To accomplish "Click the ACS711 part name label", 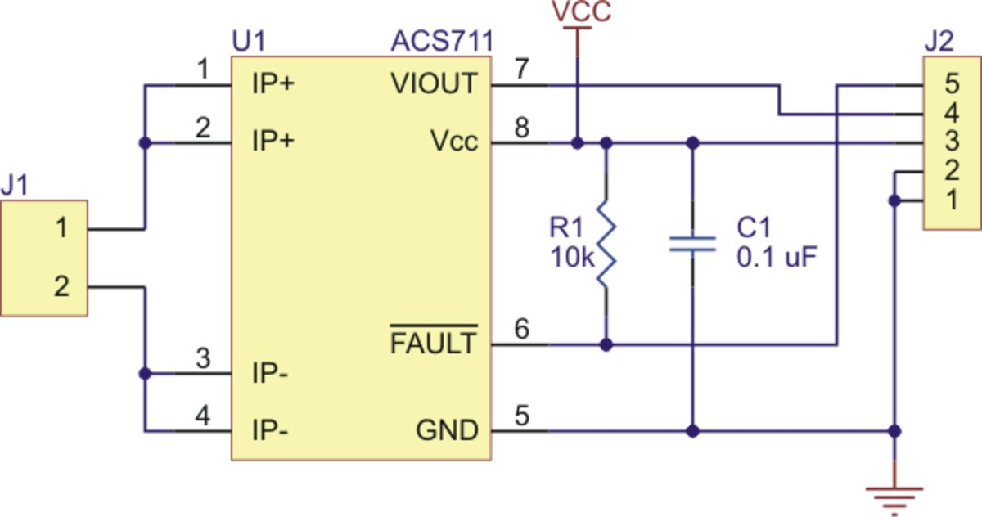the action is click(x=443, y=41).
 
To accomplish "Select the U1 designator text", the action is click(x=249, y=41).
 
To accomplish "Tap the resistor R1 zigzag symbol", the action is click(x=606, y=245).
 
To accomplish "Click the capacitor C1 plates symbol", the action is click(x=692, y=244).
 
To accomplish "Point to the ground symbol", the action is click(x=894, y=501).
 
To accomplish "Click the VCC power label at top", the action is click(x=582, y=11).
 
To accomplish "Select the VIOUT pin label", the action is click(x=434, y=83).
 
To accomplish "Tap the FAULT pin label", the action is click(x=433, y=342).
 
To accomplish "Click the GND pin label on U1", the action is click(x=447, y=430).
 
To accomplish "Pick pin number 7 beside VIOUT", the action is click(x=521, y=69).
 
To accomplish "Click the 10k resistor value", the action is click(x=572, y=257).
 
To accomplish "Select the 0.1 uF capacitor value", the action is click(x=777, y=257).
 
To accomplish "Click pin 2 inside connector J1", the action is click(x=62, y=287).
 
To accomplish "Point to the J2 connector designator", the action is click(x=939, y=41).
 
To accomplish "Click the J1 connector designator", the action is click(x=14, y=184).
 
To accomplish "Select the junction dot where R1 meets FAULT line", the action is click(x=606, y=345).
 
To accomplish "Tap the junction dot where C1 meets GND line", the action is click(x=692, y=432).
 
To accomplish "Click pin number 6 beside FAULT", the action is click(x=522, y=329).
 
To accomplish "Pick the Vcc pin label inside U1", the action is click(x=455, y=141).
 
